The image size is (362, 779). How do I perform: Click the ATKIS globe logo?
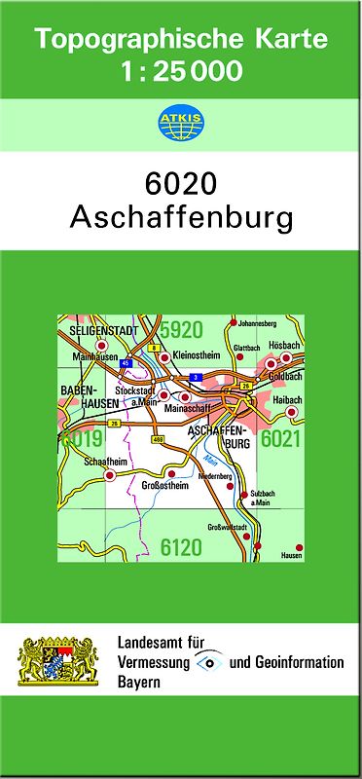coord(180,123)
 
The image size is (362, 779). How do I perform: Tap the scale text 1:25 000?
coord(181,70)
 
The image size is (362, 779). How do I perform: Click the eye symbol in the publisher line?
coord(209,662)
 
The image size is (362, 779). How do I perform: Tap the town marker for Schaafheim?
coord(110,475)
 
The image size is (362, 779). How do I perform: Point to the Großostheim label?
coord(163,485)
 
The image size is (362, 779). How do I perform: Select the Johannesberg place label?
coord(258,322)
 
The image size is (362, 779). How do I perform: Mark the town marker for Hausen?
coord(299,546)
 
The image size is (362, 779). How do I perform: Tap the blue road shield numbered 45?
coord(125,363)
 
